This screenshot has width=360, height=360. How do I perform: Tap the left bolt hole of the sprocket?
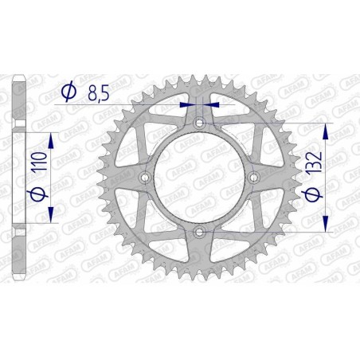click(x=144, y=177)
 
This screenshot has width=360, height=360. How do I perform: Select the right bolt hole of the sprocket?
click(x=252, y=177)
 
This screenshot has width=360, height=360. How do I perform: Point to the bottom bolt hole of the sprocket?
click(x=198, y=231)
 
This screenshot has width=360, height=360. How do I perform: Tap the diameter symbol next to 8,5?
click(x=69, y=93)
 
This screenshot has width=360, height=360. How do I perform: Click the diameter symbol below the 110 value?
click(x=36, y=196)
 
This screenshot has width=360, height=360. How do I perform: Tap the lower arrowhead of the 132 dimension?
click(x=324, y=225)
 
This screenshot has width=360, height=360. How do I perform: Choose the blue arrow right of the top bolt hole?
click(x=210, y=104)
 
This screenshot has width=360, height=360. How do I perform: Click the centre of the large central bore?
click(x=198, y=177)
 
